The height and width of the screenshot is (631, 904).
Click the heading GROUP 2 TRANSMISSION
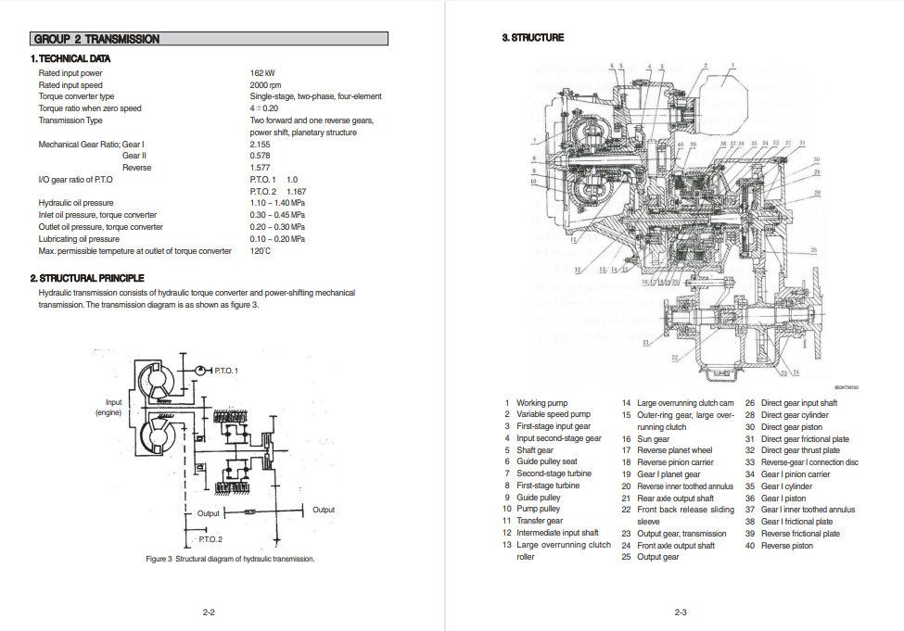coord(96,39)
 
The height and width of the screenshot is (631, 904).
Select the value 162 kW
coord(262,73)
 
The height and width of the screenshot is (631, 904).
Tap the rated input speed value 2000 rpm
coord(265,85)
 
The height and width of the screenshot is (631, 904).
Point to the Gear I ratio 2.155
coord(260,145)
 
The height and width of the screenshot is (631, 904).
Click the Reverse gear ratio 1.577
coord(260,168)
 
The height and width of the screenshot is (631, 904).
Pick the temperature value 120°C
coord(260,251)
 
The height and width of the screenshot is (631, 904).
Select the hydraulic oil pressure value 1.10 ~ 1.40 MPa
coord(277,203)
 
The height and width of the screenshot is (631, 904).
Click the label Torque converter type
coord(76,96)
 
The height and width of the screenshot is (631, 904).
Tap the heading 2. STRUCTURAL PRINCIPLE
coord(86,278)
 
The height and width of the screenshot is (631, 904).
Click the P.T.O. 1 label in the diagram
coord(225,371)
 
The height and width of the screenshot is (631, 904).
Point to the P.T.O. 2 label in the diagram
coord(210,538)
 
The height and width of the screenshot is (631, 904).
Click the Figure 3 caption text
coord(230,559)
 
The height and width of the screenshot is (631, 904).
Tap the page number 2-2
coord(209,612)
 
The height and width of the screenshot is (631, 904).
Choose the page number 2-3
coord(680,612)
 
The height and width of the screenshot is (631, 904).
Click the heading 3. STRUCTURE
coord(532,38)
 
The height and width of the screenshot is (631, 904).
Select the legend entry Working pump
coord(541,403)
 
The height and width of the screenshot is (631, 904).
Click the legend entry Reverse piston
coord(786,546)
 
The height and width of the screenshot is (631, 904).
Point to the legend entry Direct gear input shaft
coord(798,403)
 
